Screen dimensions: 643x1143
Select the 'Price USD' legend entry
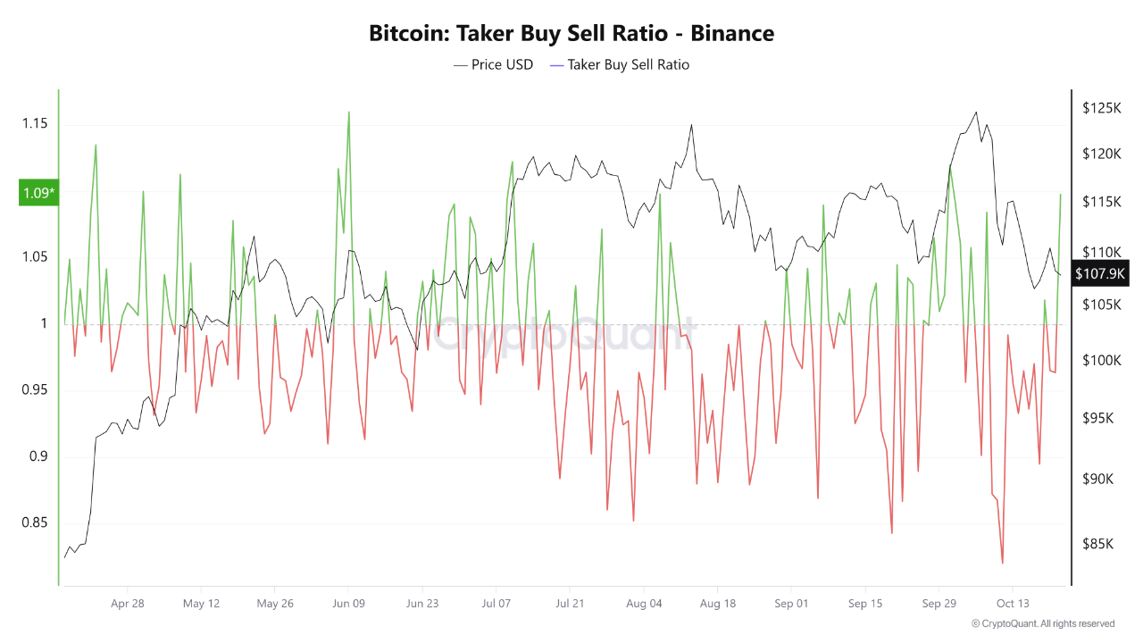click(493, 64)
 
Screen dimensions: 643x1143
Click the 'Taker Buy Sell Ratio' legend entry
click(619, 64)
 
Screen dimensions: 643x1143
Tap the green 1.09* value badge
click(38, 193)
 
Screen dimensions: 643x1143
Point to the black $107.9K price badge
click(1100, 273)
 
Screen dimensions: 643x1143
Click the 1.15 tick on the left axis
click(34, 123)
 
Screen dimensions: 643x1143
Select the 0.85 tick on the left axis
click(34, 523)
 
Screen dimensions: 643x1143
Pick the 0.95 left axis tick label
click(34, 390)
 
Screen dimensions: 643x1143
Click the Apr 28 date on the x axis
click(128, 604)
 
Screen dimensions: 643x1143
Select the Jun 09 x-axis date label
click(347, 604)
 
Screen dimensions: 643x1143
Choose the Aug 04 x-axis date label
click(645, 604)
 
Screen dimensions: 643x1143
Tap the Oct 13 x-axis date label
click(1013, 604)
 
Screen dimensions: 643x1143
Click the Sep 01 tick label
click(791, 604)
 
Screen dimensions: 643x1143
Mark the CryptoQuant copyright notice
click(1042, 623)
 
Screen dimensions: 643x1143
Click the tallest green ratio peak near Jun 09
click(348, 113)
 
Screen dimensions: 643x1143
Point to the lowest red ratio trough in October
click(1002, 563)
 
